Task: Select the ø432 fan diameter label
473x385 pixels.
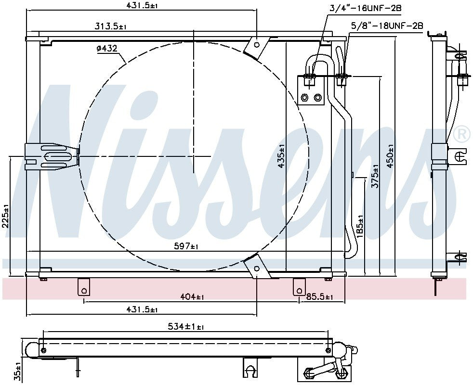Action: [x=107, y=49]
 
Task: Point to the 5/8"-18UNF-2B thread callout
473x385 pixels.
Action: [x=387, y=26]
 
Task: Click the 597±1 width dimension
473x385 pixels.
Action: [x=186, y=246]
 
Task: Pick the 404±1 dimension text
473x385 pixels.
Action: [x=191, y=297]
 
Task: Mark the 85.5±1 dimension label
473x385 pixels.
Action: [x=316, y=297]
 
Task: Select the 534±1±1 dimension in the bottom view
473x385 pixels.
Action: [x=185, y=327]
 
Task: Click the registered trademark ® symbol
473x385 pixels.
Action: [x=462, y=133]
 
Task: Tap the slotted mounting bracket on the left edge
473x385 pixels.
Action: [x=52, y=156]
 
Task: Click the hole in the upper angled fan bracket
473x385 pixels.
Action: [x=257, y=45]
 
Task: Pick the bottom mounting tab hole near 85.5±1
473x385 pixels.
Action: [x=298, y=290]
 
